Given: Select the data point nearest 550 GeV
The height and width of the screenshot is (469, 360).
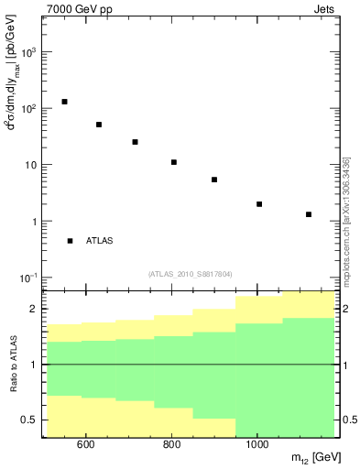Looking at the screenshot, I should coord(64,102).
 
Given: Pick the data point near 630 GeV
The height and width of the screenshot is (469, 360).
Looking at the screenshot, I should coord(99,125).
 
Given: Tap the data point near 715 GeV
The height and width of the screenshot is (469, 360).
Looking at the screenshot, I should coord(135,142).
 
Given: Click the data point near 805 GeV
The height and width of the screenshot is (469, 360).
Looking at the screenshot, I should coord(174,162).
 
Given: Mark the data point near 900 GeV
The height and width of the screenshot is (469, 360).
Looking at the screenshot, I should coord(214,180).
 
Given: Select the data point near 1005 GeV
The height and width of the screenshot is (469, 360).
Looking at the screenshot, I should coord(259,204).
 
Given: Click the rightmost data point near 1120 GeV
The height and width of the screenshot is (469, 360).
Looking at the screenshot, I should coord(309,214).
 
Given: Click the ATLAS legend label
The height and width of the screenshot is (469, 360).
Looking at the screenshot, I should coord(99,241).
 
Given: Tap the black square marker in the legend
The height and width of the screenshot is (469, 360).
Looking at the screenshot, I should coord(70,241).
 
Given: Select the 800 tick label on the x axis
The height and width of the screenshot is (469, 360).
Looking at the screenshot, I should coord(171,445).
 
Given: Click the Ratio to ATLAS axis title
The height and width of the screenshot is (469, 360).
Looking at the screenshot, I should coord(14,365).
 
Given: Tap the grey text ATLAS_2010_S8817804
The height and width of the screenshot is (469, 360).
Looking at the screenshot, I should coord(190,273).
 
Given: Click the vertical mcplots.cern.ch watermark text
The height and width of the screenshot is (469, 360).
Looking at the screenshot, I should coord(345,219).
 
